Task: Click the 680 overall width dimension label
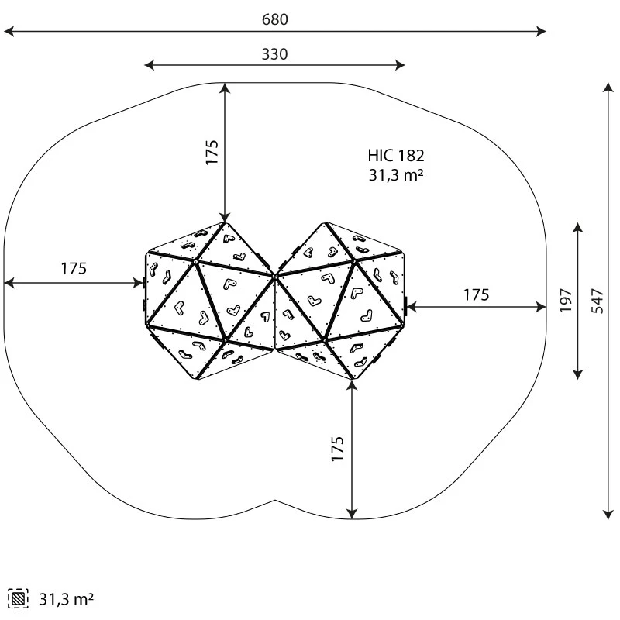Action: tap(274, 19)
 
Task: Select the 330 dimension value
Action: tap(274, 54)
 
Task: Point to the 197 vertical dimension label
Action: tap(565, 300)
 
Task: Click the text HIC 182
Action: tap(396, 157)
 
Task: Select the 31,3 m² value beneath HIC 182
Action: tap(396, 175)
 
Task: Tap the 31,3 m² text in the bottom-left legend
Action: tap(66, 598)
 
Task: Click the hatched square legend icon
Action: tap(17, 598)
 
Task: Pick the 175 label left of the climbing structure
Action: tap(74, 269)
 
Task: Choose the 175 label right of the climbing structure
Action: tap(476, 294)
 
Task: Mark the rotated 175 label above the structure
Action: tap(212, 153)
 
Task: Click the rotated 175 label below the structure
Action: tap(338, 449)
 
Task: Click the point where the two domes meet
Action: tap(275, 274)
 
